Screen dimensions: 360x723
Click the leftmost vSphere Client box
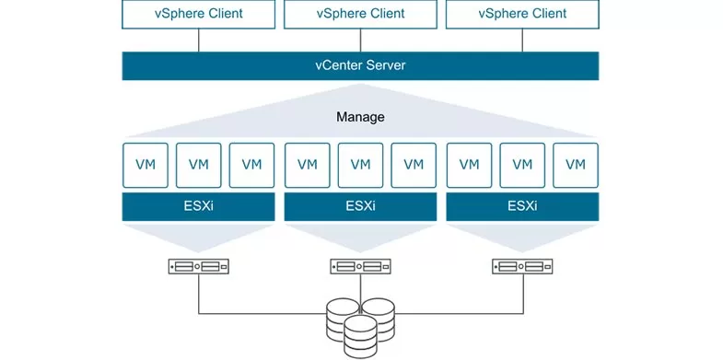pos(198,14)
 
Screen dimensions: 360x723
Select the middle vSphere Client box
pos(360,14)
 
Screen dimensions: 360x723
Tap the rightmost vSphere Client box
pos(522,14)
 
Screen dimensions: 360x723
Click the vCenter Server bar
pos(360,66)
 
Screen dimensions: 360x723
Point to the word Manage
pos(360,118)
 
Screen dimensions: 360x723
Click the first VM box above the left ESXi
pos(145,166)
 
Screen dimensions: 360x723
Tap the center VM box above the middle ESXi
pos(360,166)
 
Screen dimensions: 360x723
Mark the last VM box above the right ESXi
pos(576,166)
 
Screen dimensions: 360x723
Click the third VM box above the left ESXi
pos(251,166)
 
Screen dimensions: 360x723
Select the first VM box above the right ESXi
pos(469,166)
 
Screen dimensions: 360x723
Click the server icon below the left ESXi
pos(198,267)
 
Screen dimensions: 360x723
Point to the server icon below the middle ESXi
pos(360,267)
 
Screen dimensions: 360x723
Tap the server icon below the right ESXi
pos(522,267)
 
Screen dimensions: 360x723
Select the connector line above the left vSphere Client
pos(198,40)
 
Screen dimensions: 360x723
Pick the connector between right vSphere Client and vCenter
pos(522,40)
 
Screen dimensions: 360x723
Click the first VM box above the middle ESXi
pos(307,166)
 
